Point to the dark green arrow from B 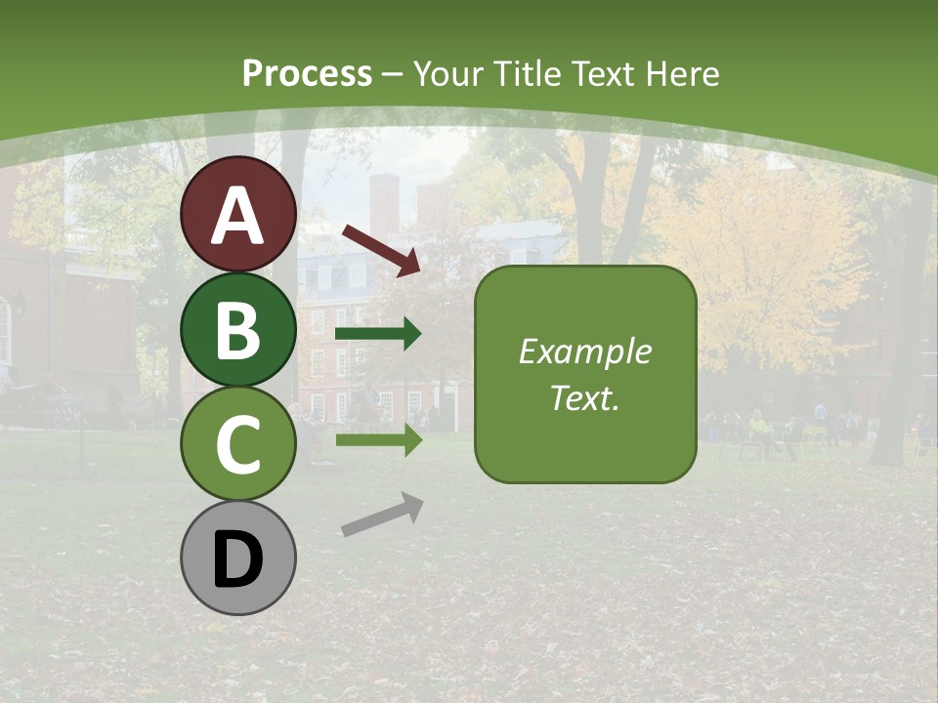378,334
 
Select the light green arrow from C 378,440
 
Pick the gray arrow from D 382,515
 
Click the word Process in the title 307,74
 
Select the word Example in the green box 584,351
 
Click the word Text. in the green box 584,398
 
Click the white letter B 237,331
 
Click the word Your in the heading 448,74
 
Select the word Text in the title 603,74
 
